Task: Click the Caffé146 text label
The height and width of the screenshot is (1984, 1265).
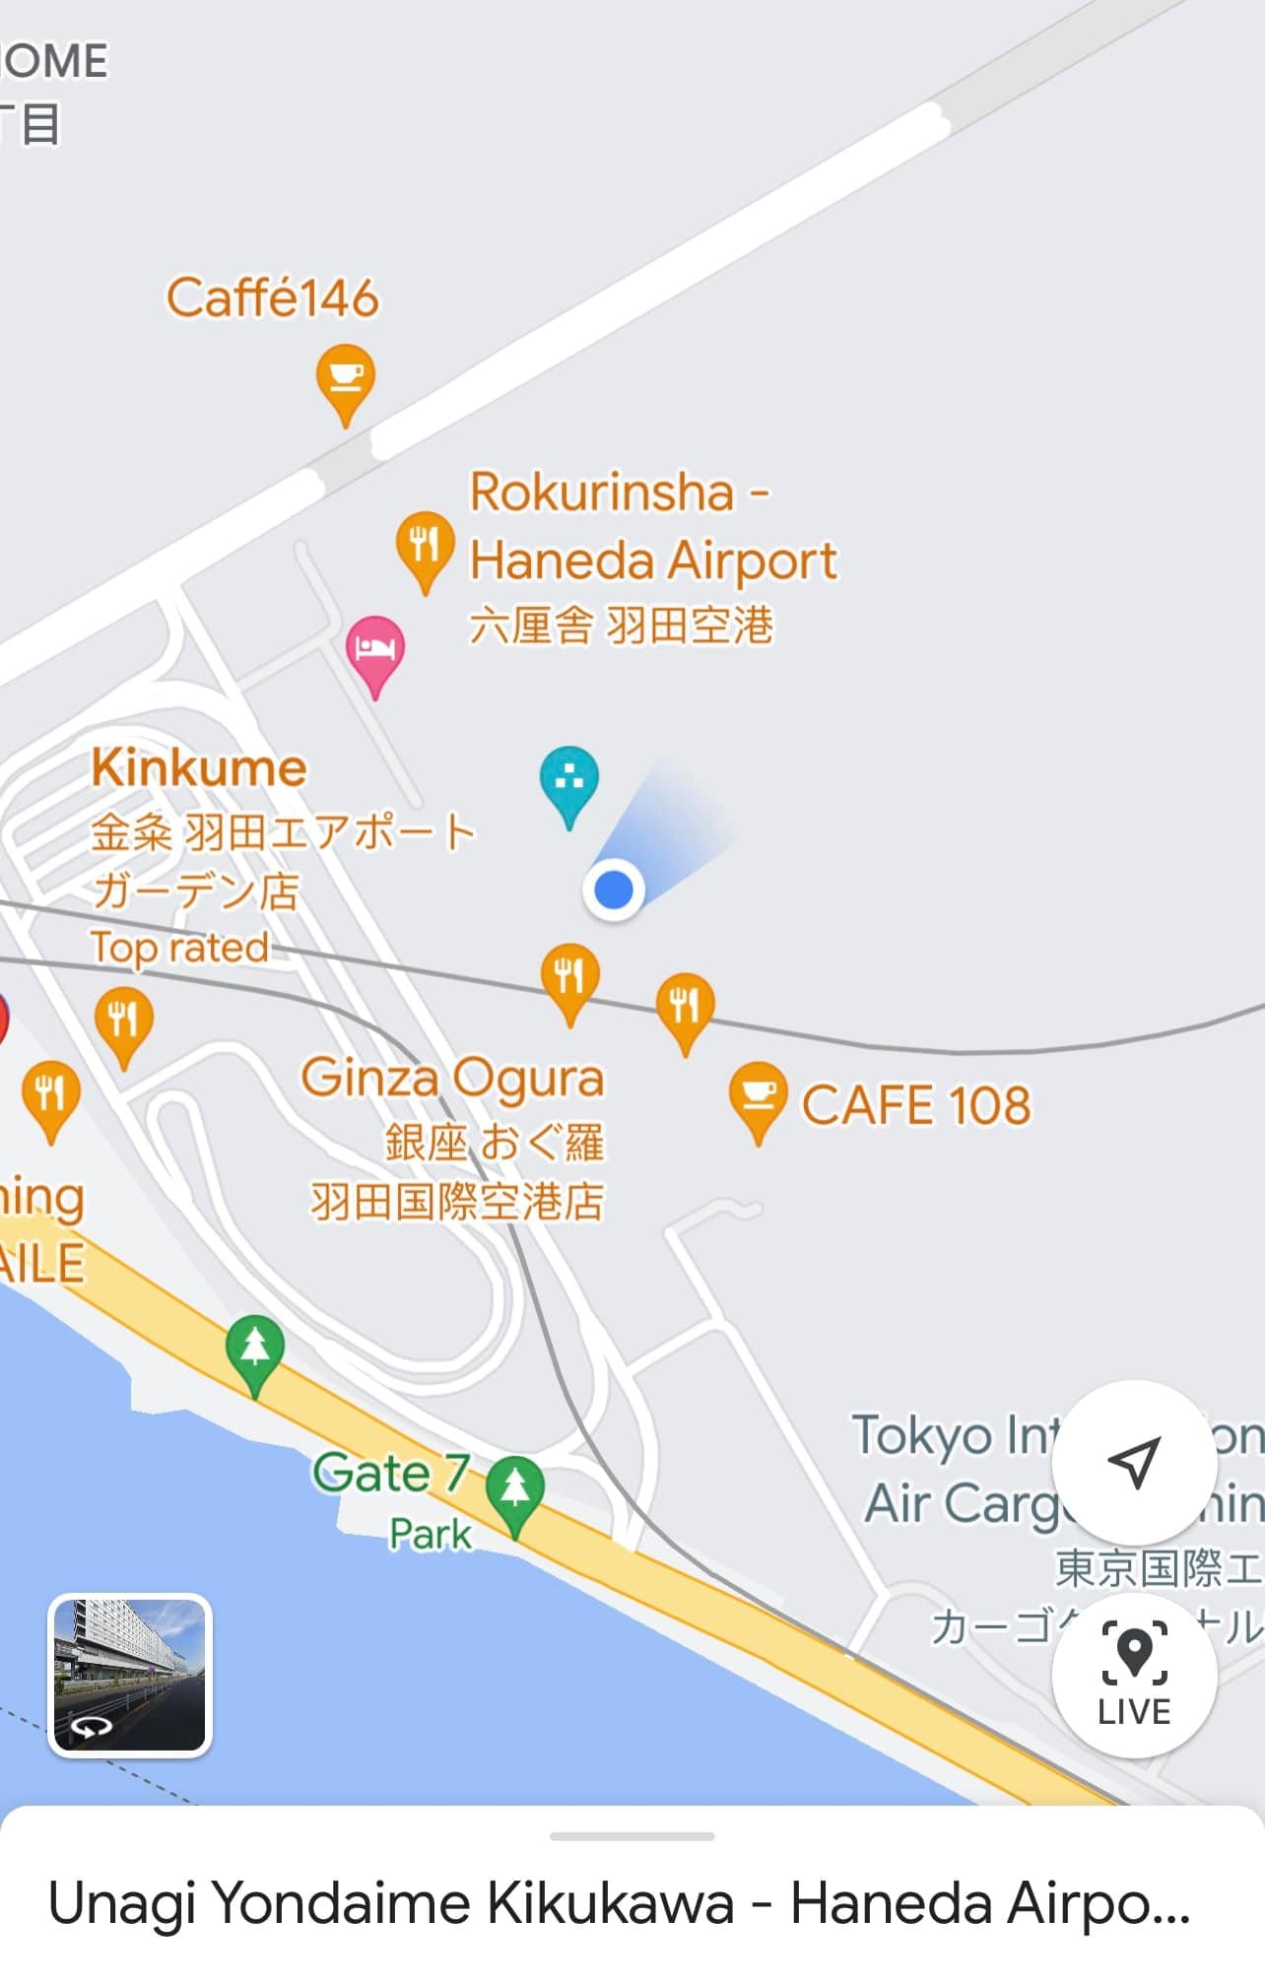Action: tap(272, 298)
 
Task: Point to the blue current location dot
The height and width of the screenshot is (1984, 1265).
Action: tap(614, 891)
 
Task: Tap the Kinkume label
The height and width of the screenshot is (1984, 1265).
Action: tap(199, 768)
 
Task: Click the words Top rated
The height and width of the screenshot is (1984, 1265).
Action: tap(179, 948)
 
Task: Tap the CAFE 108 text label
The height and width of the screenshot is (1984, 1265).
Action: tap(916, 1105)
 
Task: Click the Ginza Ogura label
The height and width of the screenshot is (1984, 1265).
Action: tap(452, 1078)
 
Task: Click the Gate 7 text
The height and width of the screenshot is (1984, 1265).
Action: tap(390, 1474)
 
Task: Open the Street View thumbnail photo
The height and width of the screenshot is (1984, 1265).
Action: tap(130, 1675)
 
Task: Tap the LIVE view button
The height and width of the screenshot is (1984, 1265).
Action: tap(1134, 1674)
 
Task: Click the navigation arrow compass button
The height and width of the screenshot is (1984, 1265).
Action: tap(1134, 1463)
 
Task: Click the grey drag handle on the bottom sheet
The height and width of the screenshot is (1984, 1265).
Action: tap(632, 1836)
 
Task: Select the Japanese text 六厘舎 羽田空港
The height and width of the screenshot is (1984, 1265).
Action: tap(621, 627)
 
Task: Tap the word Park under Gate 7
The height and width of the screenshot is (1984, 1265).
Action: tap(431, 1534)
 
